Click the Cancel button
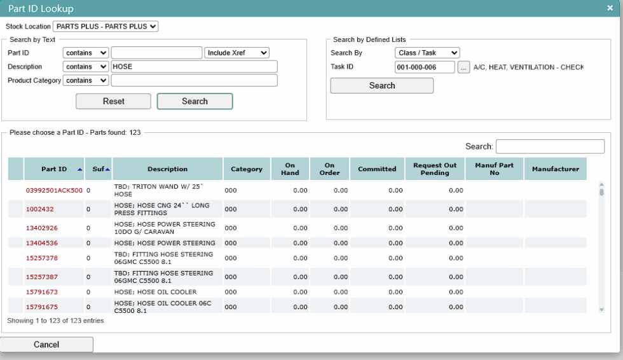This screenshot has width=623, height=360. click(46, 344)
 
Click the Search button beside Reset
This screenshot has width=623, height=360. click(195, 101)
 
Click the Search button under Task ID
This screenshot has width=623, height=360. click(382, 85)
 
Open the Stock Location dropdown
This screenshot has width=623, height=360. click(106, 26)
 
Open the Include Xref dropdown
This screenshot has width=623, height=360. click(236, 53)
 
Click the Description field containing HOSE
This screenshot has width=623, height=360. click(194, 66)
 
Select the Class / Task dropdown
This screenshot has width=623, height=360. click(427, 53)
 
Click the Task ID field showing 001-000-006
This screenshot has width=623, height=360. click(425, 67)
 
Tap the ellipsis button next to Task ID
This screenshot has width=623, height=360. click(463, 67)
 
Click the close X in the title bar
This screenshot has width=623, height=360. click(610, 8)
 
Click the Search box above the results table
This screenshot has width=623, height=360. click(551, 146)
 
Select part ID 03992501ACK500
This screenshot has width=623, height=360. click(54, 190)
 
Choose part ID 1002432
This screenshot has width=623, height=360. click(39, 209)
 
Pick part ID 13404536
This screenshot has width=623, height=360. click(42, 243)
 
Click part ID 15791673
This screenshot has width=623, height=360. click(42, 292)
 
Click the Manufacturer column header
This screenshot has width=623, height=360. click(556, 169)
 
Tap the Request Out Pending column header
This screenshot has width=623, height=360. click(435, 169)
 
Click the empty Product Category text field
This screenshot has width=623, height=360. click(194, 80)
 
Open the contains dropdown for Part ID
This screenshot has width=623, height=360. click(85, 53)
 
